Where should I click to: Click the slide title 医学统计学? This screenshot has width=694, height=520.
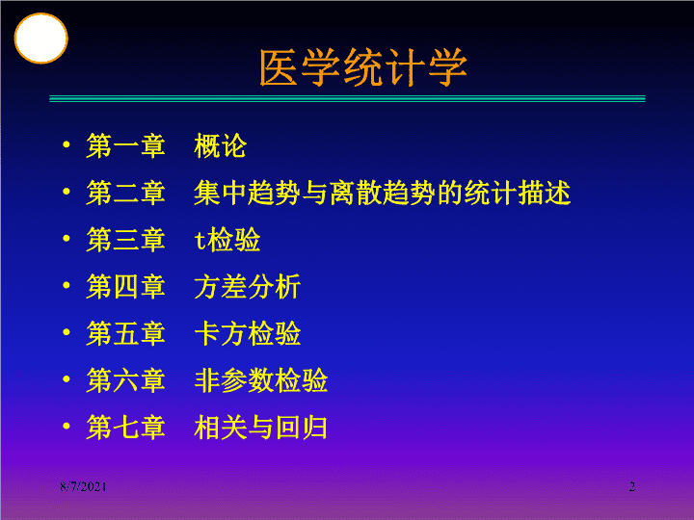(x=363, y=67)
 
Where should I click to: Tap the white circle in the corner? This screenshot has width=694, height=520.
(x=40, y=38)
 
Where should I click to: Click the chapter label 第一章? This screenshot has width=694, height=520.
(x=125, y=145)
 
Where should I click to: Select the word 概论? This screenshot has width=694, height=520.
(x=220, y=145)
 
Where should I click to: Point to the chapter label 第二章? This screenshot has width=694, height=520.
(x=125, y=193)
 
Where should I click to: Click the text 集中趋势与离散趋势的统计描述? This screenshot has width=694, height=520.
(x=383, y=193)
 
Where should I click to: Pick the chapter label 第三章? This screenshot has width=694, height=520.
(x=125, y=239)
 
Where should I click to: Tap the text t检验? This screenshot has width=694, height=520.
(x=227, y=239)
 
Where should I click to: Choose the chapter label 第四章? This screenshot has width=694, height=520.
(x=125, y=286)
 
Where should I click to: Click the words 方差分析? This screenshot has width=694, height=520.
(x=248, y=286)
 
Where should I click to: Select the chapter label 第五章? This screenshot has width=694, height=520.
(x=125, y=333)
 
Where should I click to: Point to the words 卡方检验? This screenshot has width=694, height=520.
(x=248, y=333)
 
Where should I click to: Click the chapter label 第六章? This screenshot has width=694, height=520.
(x=125, y=379)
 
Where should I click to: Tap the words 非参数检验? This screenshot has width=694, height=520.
(x=260, y=379)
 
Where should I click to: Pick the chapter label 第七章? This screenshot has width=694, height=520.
(x=125, y=427)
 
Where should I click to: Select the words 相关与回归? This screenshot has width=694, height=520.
(x=260, y=427)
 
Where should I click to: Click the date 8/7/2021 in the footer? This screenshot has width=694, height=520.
(x=83, y=487)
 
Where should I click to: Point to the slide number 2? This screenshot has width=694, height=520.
(x=632, y=487)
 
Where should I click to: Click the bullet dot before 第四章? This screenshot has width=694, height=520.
(x=67, y=285)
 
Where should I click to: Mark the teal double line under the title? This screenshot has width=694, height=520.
(x=347, y=98)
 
